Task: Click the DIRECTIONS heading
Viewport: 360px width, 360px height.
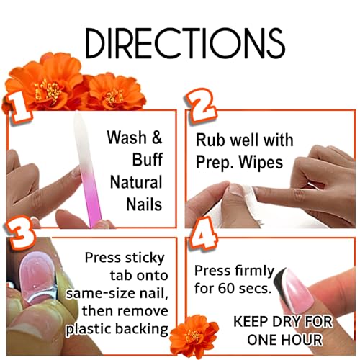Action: tap(185, 43)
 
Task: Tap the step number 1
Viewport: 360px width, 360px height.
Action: tap(19, 107)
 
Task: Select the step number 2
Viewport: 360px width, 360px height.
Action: tap(201, 106)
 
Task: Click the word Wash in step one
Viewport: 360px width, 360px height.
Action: tap(127, 138)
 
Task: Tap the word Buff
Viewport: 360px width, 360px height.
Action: tap(148, 159)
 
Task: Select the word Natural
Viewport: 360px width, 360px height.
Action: tap(136, 182)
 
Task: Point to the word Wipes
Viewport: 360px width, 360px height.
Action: tap(261, 162)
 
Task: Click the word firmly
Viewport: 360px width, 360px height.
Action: tap(254, 271)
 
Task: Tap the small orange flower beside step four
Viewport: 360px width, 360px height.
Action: tap(194, 334)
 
